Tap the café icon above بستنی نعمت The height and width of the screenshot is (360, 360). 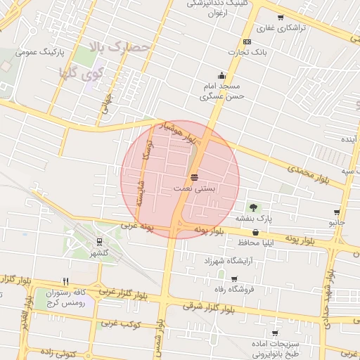194,176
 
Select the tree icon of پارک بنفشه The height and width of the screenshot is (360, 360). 253,207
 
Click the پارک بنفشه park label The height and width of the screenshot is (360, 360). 253,219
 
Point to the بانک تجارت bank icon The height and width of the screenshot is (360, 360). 247,42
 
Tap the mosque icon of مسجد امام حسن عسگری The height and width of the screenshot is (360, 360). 222,76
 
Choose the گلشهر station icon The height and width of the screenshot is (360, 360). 101,242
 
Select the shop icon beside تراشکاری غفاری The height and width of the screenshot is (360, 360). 281,18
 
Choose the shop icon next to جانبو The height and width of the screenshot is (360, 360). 337,212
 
